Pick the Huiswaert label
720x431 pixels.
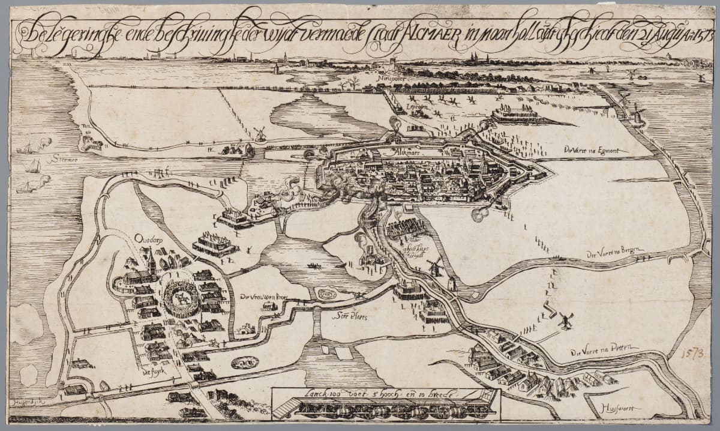(618, 408)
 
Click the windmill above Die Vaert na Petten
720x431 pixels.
(565, 320)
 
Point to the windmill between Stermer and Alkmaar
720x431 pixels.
(260, 133)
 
